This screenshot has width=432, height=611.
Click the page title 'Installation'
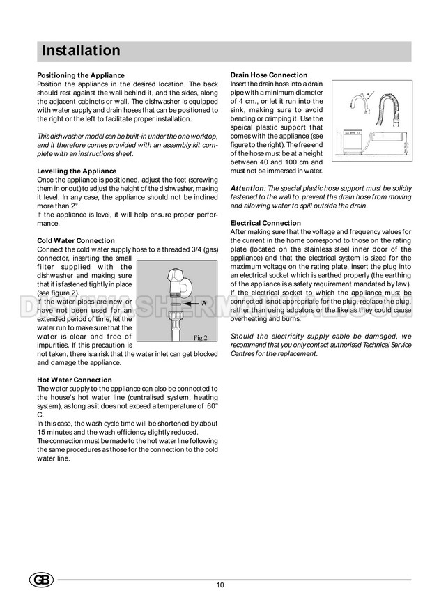[x=81, y=51]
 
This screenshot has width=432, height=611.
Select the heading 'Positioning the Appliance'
[x=80, y=75]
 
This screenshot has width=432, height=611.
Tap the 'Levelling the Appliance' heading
[x=76, y=171]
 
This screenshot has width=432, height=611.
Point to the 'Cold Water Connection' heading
[x=75, y=240]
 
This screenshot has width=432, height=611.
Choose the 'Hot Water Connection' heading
[x=73, y=379]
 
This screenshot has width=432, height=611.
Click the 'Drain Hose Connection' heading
[x=268, y=75]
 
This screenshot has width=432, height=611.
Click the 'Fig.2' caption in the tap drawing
[x=201, y=338]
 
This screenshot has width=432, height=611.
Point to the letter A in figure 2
[x=203, y=304]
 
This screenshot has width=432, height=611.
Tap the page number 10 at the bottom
[x=220, y=585]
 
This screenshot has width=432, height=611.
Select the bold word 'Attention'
[x=247, y=189]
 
